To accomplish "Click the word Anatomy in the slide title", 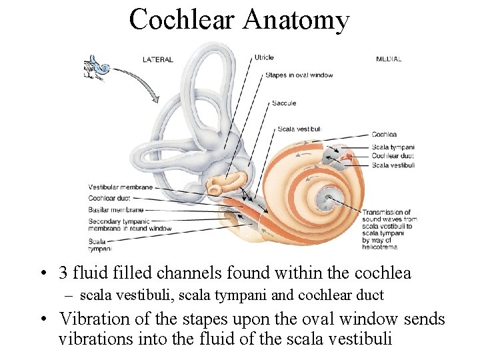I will coord(295,21).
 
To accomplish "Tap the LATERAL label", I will coord(157,59).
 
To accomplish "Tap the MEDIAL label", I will coord(389,59).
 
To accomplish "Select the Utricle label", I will coord(264,58).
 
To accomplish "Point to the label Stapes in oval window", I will coord(299,75).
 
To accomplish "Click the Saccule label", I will coord(284,103).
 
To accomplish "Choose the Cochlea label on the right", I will coord(384,135).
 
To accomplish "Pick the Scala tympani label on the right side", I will coord(393,147).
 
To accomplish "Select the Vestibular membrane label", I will coord(120,187).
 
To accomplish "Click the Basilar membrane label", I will coord(116,209).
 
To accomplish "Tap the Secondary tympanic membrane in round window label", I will coord(129,225).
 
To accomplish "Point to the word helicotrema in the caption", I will coord(379,247).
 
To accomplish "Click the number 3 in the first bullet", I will coord(63,273).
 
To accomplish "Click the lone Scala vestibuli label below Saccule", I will coord(299,129).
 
